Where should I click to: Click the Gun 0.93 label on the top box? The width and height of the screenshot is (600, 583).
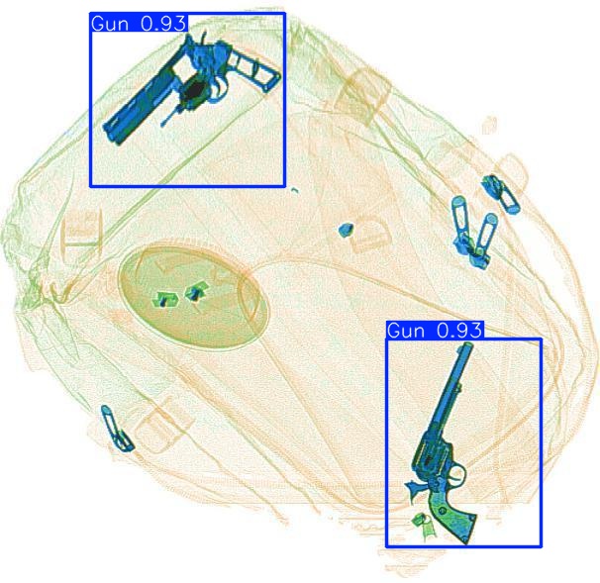[x=139, y=23]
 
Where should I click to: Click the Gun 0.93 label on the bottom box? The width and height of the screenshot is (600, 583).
[x=434, y=331]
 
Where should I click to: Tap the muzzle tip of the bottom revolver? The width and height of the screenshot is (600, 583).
[x=462, y=349]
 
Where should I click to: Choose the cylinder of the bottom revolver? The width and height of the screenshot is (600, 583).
[x=432, y=459]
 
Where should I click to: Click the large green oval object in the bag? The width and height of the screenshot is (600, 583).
[x=193, y=296]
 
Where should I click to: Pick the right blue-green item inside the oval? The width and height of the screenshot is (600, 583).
[x=195, y=291]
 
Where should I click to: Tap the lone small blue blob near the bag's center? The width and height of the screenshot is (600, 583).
[x=346, y=230]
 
